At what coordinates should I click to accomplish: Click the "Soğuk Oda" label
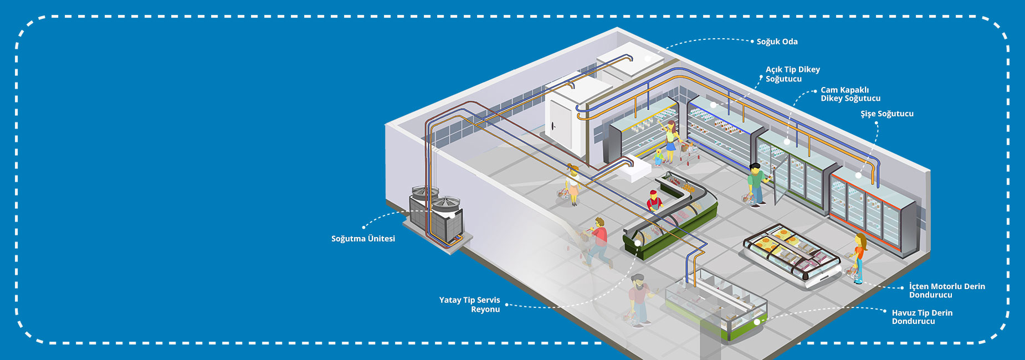[x=777, y=42]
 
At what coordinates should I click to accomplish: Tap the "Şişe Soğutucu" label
[x=887, y=114]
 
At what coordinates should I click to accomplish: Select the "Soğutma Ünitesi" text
[x=363, y=239]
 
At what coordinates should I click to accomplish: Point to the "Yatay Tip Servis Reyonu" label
[x=469, y=305]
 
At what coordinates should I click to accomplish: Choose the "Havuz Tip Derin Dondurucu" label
[x=922, y=317]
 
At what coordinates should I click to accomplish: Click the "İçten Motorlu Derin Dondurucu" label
[x=947, y=290]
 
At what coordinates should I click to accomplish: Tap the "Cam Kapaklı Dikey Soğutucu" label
[x=850, y=94]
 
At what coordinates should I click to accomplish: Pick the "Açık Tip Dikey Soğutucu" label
[x=792, y=74]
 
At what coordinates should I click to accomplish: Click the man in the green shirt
[x=756, y=184]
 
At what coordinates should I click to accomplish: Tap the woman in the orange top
[x=859, y=258]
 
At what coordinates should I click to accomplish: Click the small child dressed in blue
[x=658, y=157]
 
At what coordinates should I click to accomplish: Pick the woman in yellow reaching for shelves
[x=670, y=141]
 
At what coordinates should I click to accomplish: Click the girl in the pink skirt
[x=573, y=185]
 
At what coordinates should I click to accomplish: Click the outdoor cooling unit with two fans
[x=436, y=217]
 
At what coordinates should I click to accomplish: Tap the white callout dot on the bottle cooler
[x=858, y=176]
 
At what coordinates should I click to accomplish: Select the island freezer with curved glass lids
[x=792, y=255]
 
